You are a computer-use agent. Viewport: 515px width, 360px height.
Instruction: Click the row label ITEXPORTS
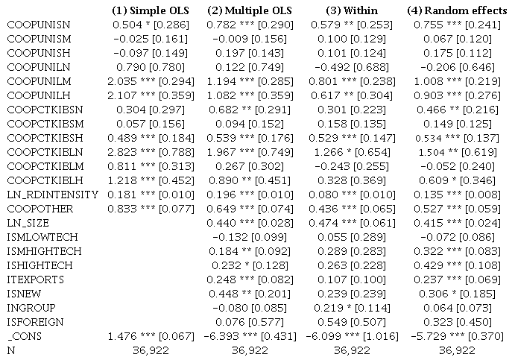(x=35, y=279)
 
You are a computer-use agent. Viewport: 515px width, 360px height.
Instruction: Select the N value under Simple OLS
(x=148, y=350)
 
